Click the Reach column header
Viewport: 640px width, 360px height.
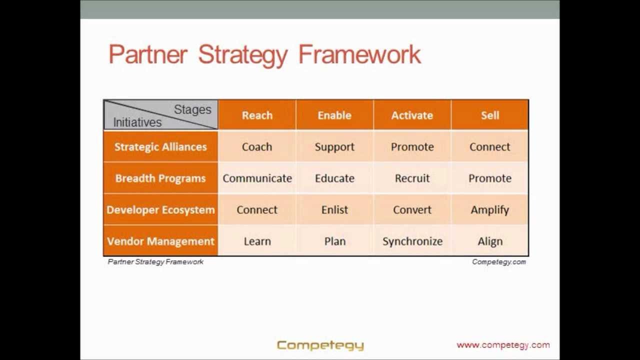(x=257, y=115)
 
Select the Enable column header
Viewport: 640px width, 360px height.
(x=334, y=115)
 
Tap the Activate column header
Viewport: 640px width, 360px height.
(x=412, y=115)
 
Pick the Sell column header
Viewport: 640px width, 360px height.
(x=490, y=115)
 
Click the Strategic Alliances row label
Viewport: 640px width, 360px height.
(x=160, y=147)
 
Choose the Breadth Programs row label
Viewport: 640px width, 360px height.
(x=160, y=178)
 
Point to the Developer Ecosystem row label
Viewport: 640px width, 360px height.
(x=160, y=210)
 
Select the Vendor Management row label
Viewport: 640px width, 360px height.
(x=160, y=241)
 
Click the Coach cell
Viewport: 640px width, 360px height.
(x=257, y=147)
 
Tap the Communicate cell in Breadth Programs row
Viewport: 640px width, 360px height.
(x=257, y=178)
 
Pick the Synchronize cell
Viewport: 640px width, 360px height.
(x=412, y=241)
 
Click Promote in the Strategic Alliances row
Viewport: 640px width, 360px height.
(x=412, y=147)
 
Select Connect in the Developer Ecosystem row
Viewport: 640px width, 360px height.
(x=257, y=210)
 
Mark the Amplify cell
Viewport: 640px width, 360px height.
(x=490, y=210)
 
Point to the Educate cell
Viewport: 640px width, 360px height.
(x=334, y=178)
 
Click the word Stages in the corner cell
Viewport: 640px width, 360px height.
(x=192, y=110)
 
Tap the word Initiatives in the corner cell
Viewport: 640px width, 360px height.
(x=137, y=122)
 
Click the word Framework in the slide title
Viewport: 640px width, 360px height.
(x=359, y=54)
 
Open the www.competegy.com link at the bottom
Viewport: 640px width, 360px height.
(x=503, y=345)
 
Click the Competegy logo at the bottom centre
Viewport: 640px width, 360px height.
(x=320, y=345)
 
